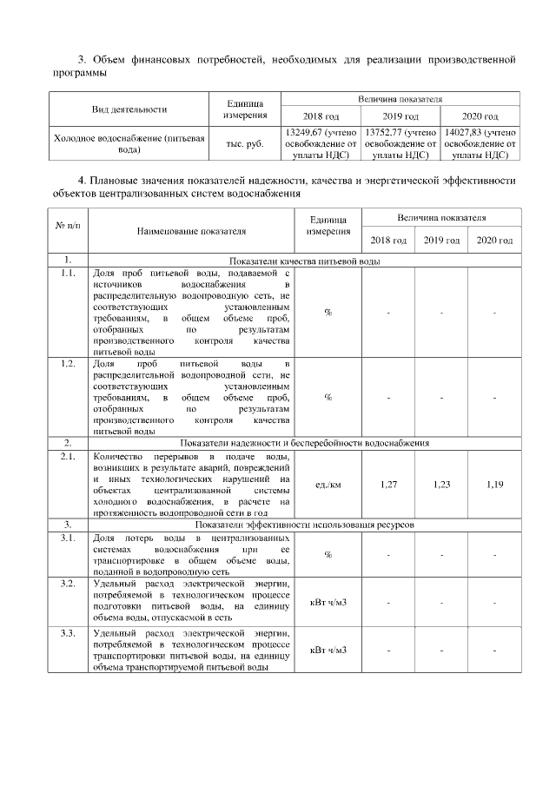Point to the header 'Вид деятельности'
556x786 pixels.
pos(129,110)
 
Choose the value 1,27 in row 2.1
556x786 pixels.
pos(388,484)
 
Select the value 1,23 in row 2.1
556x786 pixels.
pos(441,484)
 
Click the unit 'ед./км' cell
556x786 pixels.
pos(328,484)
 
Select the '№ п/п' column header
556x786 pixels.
pos(69,226)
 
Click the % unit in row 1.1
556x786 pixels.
pos(328,313)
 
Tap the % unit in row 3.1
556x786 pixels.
pos(328,555)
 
